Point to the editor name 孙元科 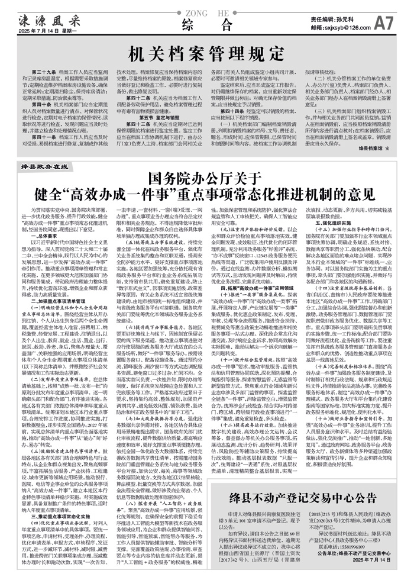click(x=350, y=20)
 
